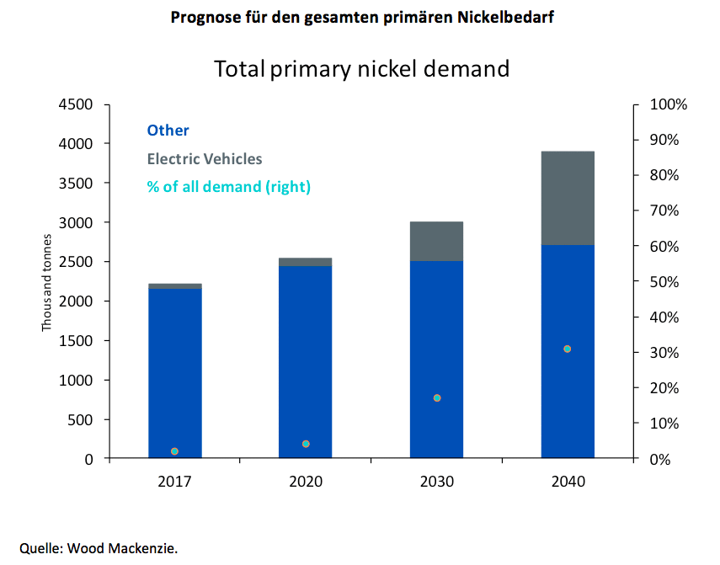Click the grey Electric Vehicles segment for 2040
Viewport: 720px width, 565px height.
(568, 198)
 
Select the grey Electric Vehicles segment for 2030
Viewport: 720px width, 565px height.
(436, 241)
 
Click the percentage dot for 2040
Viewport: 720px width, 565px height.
(568, 349)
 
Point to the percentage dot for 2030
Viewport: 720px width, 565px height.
(436, 397)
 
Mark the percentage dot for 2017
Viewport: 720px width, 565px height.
(174, 451)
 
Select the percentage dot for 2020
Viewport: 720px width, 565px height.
(306, 444)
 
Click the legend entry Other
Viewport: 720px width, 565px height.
(168, 131)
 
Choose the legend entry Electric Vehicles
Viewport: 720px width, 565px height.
(204, 158)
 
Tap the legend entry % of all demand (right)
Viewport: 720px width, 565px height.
(228, 187)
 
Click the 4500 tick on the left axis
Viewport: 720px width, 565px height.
(76, 104)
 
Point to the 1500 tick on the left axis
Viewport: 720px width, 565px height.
(76, 341)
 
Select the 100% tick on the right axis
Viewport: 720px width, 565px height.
(669, 104)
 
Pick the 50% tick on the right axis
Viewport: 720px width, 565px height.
(666, 282)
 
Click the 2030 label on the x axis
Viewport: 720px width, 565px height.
(436, 482)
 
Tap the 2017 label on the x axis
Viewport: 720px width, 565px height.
(174, 482)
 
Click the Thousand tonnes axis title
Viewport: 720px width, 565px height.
(48, 282)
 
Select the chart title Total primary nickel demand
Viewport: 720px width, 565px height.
(361, 68)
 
